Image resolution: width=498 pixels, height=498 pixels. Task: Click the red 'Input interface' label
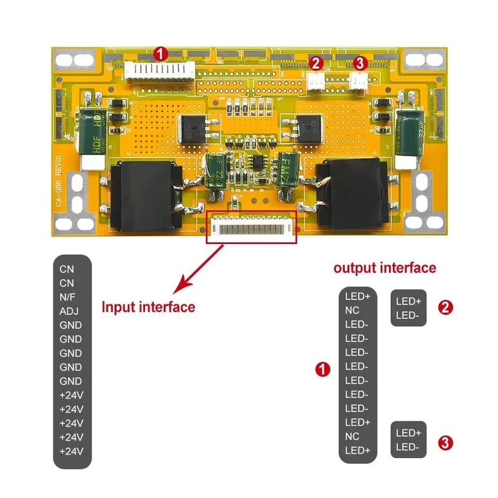click(x=148, y=306)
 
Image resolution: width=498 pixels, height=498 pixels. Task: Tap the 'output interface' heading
click(x=385, y=268)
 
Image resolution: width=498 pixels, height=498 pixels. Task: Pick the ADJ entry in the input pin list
click(x=69, y=311)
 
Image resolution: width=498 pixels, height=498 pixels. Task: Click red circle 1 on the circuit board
click(x=161, y=54)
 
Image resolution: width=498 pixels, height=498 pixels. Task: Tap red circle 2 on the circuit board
click(x=316, y=63)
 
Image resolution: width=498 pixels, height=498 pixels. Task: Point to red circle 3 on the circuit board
click(x=360, y=63)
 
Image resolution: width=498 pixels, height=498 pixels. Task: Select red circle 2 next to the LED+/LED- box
click(x=445, y=307)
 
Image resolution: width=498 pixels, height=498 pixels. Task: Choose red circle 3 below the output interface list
click(x=445, y=443)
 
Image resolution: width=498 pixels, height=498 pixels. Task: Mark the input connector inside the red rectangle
click(x=251, y=225)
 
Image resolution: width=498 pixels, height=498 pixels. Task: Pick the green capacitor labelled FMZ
click(x=288, y=168)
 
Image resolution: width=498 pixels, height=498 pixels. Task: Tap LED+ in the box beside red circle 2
click(x=408, y=301)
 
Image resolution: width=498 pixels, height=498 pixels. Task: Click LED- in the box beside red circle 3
click(x=408, y=447)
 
